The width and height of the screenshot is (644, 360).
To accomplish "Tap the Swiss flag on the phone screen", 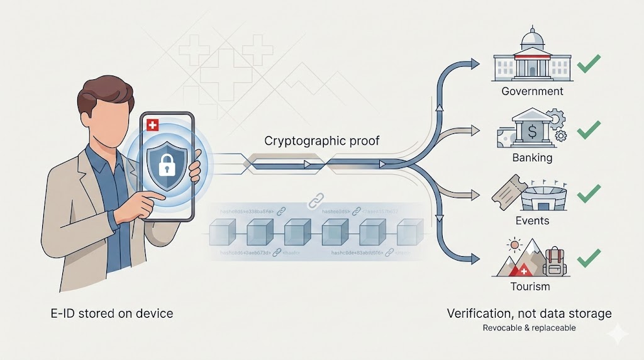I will (151, 125).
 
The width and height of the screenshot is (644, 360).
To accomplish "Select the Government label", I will (532, 91).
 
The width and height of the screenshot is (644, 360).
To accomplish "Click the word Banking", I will (532, 157).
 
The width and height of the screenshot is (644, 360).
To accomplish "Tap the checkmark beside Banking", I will (589, 129).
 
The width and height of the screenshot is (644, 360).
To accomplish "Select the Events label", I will (532, 221).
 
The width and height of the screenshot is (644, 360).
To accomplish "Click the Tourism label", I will (530, 286).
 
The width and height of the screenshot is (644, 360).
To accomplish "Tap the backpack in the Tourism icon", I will (555, 261).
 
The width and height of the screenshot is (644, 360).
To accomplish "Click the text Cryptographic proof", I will (321, 140).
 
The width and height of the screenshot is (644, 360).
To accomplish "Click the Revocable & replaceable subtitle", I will (529, 328).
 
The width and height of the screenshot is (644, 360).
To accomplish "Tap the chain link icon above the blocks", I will (313, 201).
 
